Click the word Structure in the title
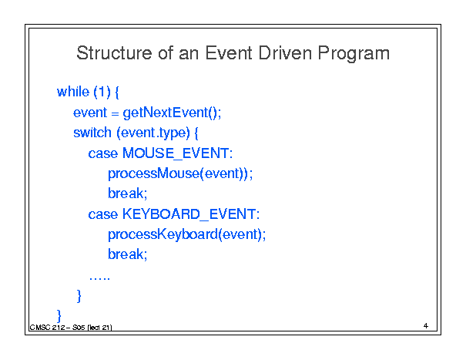pos(114,53)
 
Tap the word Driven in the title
pos(285,53)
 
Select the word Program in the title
pos(354,55)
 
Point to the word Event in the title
pos(229,53)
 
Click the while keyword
pos(73,92)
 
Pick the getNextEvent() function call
pos(172,113)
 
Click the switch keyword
pos(92,133)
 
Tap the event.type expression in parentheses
pos(153,133)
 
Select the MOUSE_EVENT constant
pos(177,153)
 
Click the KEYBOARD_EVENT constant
pos(191,214)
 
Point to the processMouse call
pos(180,173)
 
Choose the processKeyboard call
pos(186,235)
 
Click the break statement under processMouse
pos(128,193)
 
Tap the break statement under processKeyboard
pos(128,254)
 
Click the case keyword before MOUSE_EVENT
pos(103,154)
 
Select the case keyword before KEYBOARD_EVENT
pos(103,214)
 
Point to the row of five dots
pos(99,279)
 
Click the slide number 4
pos(426,326)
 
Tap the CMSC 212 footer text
pos(71,328)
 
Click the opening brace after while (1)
pos(117,93)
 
